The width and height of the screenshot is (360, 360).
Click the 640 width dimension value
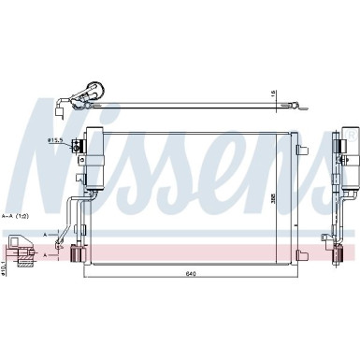(190, 248)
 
